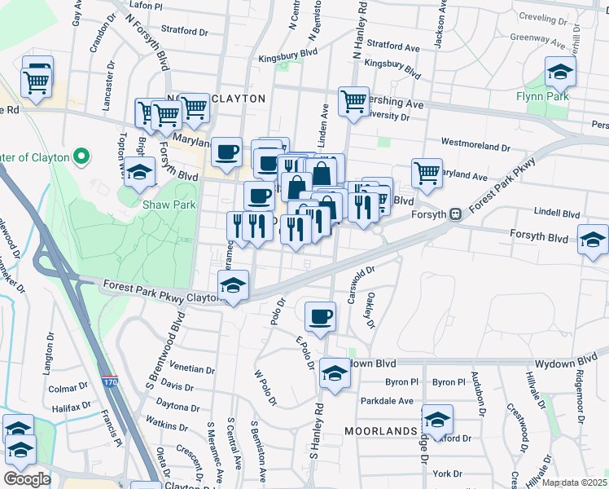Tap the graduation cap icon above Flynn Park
point(559,73)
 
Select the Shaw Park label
point(169,205)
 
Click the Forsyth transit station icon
point(456,214)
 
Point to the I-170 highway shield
point(109,381)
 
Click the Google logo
point(27,478)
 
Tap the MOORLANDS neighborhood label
point(379,430)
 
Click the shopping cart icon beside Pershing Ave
point(353,102)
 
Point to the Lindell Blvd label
point(557,214)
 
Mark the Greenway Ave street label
point(537,38)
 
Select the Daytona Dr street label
point(177,407)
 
